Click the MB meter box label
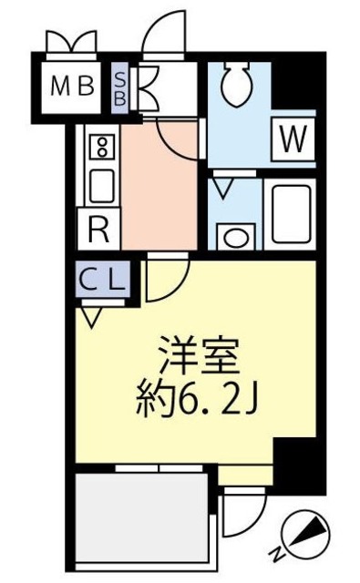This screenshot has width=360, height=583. click(72, 87)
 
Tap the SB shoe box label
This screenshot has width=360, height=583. click(119, 87)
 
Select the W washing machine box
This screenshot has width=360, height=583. click(292, 139)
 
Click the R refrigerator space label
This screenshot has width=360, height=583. click(98, 227)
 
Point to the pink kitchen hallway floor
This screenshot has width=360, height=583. click(159, 187)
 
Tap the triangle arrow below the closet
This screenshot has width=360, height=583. click(91, 317)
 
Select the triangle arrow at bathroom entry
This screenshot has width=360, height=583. click(222, 189)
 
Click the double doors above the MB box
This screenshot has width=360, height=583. click(71, 41)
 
